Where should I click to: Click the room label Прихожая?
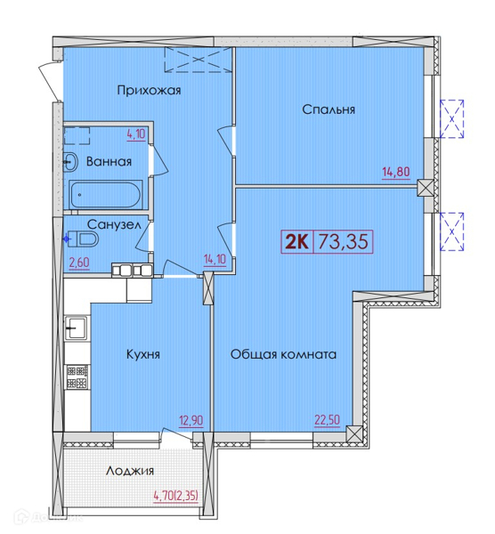(x=149, y=91)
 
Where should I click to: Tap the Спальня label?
(x=329, y=109)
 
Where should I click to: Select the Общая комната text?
(x=283, y=354)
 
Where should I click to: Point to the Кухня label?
(x=143, y=354)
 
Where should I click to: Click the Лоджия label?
(x=130, y=471)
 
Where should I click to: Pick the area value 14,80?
(x=396, y=172)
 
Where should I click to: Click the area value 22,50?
(x=327, y=420)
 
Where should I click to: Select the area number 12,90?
(x=191, y=421)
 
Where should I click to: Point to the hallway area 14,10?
(x=215, y=260)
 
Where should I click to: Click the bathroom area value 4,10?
(x=136, y=134)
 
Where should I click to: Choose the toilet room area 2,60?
(x=79, y=263)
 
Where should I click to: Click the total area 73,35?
(x=343, y=242)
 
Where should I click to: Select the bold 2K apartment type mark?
(x=297, y=242)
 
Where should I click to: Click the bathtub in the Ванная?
(x=104, y=195)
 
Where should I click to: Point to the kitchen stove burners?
(x=77, y=377)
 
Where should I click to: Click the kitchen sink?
(x=76, y=328)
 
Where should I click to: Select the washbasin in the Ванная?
(x=70, y=162)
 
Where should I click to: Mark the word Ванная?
(x=109, y=161)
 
